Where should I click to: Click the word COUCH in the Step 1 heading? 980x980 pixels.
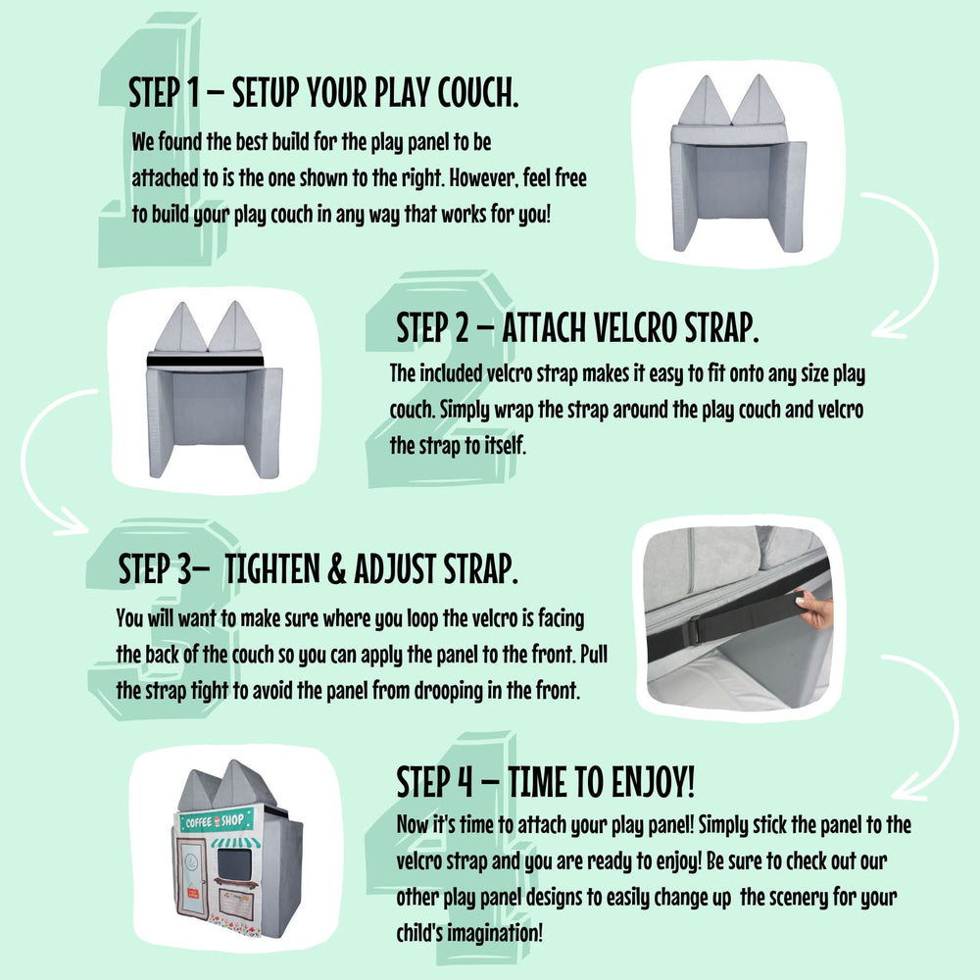click(477, 92)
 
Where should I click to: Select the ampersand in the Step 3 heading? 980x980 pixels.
click(337, 568)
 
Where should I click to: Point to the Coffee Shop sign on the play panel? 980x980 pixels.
click(217, 820)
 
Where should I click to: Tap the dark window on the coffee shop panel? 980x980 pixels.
click(234, 862)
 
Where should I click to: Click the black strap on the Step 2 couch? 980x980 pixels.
click(205, 361)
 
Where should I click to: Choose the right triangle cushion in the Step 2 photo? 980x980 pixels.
click(235, 326)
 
